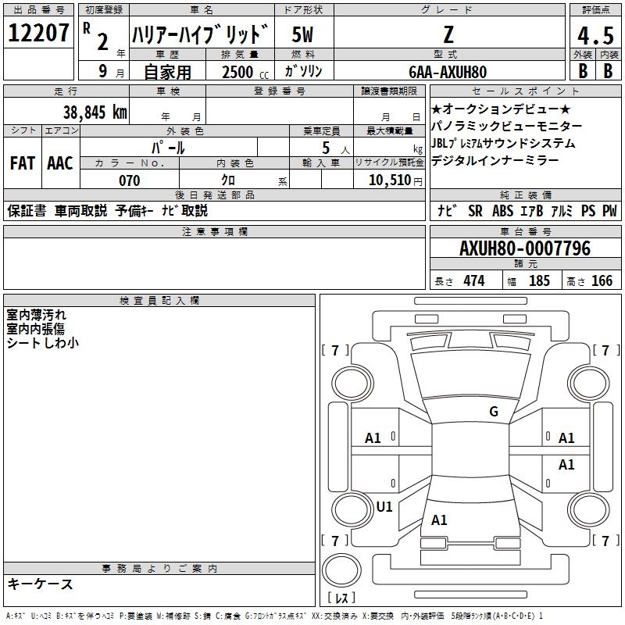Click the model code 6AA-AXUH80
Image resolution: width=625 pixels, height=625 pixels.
(x=448, y=71)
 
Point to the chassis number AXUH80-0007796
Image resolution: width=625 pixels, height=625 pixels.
(x=525, y=248)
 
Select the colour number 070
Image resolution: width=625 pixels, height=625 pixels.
(x=129, y=180)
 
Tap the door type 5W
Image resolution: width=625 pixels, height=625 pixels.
(x=304, y=34)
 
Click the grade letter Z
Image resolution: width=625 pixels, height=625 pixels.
(x=448, y=34)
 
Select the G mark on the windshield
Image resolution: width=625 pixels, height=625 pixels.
(x=493, y=412)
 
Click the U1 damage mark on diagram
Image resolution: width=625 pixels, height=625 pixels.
(x=384, y=506)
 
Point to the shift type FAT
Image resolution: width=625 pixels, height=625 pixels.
(x=23, y=162)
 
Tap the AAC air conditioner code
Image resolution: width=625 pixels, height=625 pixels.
(x=59, y=162)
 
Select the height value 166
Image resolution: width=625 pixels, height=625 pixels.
(x=602, y=281)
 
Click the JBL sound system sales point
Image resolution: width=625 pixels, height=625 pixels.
(x=503, y=144)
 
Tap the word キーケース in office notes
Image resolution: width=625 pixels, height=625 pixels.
(x=41, y=584)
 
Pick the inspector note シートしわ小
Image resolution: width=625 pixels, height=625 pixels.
(x=42, y=342)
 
